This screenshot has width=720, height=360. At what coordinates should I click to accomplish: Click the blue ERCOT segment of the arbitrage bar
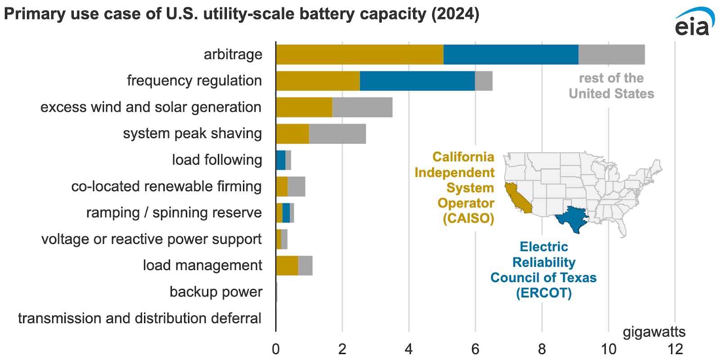pyautogui.click(x=511, y=54)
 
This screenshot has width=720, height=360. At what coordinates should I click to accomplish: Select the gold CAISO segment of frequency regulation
pyautogui.click(x=318, y=81)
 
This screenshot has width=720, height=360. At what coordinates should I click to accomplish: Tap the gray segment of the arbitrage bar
pyautogui.click(x=612, y=54)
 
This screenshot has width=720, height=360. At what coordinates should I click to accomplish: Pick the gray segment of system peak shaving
pyautogui.click(x=337, y=134)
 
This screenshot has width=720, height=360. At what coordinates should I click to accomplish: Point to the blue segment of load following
pyautogui.click(x=281, y=160)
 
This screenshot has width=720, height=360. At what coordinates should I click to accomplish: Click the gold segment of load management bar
pyautogui.click(x=287, y=265)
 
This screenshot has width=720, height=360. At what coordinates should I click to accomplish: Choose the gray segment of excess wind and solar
pyautogui.click(x=362, y=107)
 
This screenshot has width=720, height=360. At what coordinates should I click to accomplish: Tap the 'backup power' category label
pyautogui.click(x=216, y=292)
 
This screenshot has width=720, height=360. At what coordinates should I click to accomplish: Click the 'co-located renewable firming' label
pyautogui.click(x=166, y=186)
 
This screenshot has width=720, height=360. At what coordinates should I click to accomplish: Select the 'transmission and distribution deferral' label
pyautogui.click(x=139, y=318)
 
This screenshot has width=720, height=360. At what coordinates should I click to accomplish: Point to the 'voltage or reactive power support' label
pyautogui.click(x=151, y=239)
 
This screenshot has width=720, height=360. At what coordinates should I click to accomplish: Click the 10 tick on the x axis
pyautogui.click(x=608, y=349)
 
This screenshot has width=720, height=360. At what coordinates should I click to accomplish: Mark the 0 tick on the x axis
pyautogui.click(x=276, y=349)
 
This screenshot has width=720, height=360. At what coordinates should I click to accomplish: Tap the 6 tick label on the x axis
pyautogui.click(x=475, y=349)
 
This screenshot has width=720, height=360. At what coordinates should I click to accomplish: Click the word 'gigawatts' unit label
pyautogui.click(x=654, y=332)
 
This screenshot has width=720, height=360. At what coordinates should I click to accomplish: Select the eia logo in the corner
pyautogui.click(x=693, y=22)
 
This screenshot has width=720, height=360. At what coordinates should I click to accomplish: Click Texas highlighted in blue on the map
pyautogui.click(x=572, y=218)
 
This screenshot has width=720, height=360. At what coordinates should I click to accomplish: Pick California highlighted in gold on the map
pyautogui.click(x=517, y=198)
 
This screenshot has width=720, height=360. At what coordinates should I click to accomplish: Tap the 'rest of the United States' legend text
pyautogui.click(x=611, y=86)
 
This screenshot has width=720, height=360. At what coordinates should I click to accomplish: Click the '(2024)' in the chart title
pyautogui.click(x=455, y=14)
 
